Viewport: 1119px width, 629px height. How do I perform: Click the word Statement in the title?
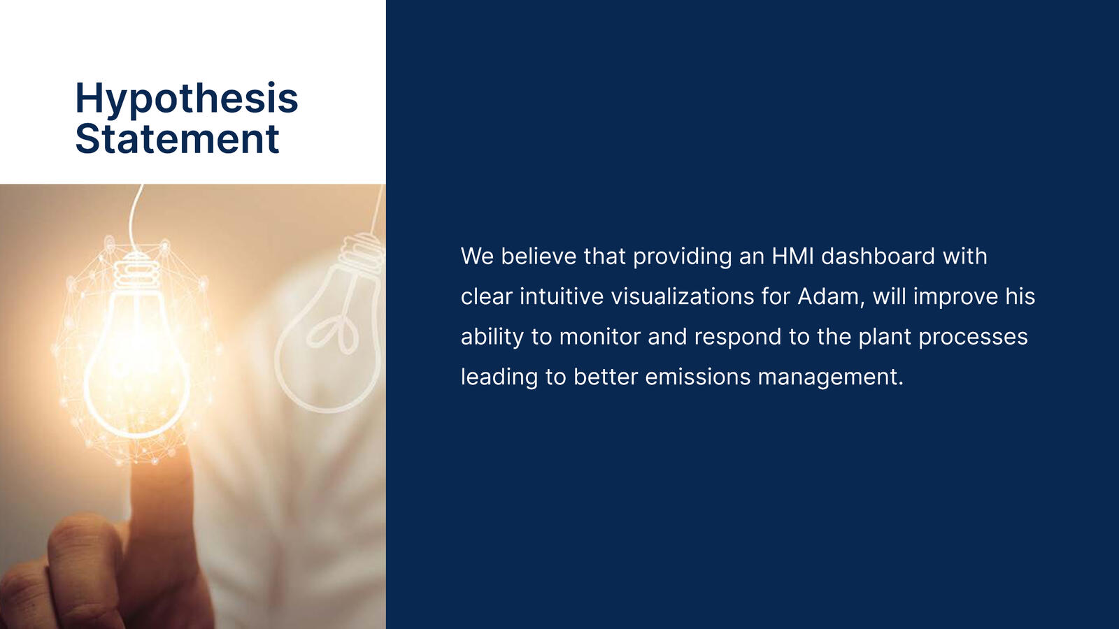tap(178, 139)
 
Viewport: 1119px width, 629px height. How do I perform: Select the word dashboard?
tap(878, 256)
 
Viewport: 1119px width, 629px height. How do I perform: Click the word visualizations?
tap(683, 296)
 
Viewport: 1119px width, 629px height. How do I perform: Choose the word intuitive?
tap(562, 296)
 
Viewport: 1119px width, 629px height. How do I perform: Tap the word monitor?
tap(599, 336)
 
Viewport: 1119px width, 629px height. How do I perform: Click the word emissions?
tap(698, 377)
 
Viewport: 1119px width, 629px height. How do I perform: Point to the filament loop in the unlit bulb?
tap(333, 333)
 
